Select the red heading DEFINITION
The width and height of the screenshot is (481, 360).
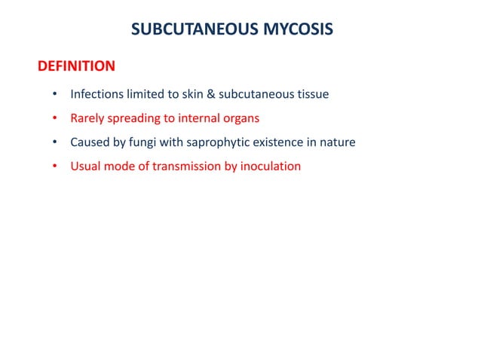(76, 66)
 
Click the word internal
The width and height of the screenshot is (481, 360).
(198, 118)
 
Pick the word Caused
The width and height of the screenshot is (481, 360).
(90, 142)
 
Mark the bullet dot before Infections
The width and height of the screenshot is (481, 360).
(54, 96)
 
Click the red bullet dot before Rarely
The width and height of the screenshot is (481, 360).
(54, 119)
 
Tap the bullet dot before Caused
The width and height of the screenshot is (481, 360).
(54, 143)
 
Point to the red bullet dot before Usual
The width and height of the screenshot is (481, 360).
(54, 166)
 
